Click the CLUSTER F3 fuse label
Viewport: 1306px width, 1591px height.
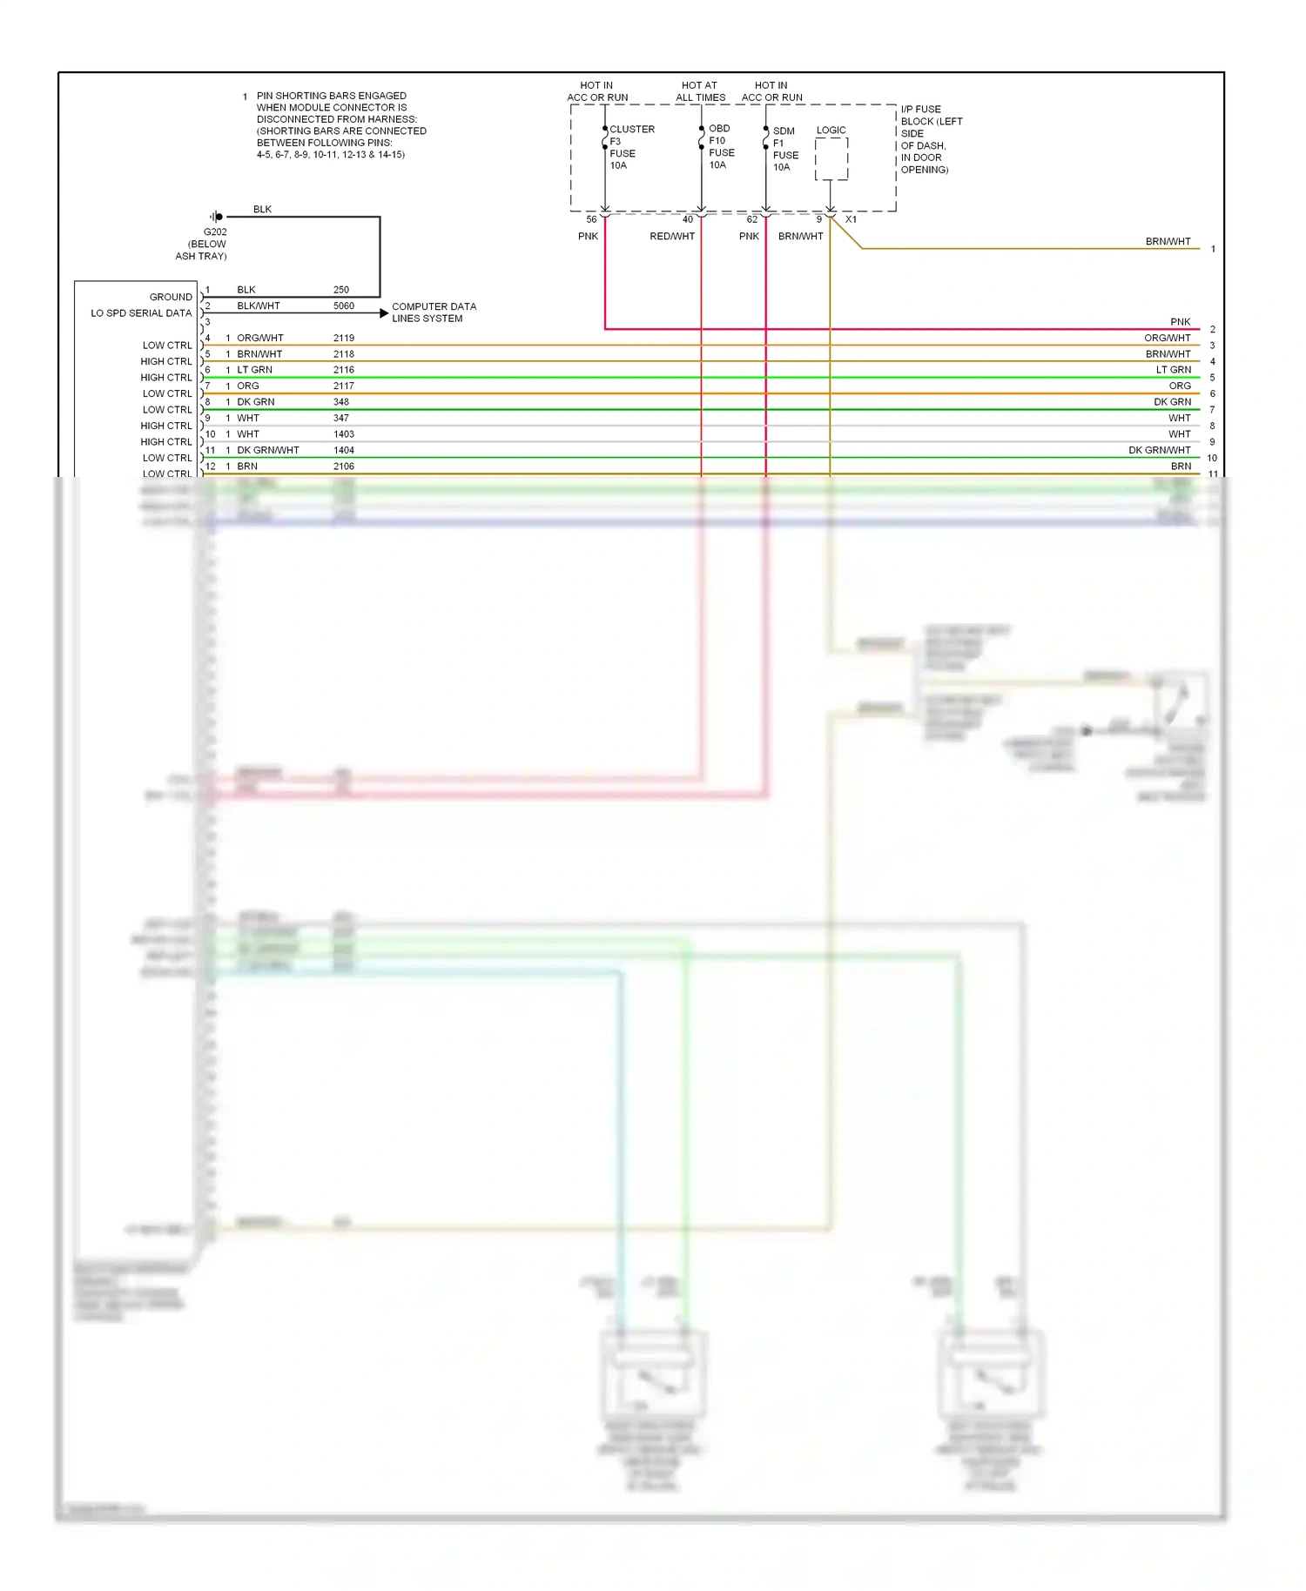coord(630,146)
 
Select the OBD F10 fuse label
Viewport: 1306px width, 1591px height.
coord(721,146)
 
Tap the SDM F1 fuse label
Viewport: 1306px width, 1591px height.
coord(784,149)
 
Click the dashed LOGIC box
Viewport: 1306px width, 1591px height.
coord(831,159)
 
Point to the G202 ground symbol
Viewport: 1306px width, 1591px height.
coord(217,217)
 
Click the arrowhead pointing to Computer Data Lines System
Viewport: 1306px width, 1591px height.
coord(384,312)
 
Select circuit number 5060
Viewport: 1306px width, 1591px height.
coord(344,306)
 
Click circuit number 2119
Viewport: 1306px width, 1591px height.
coord(344,339)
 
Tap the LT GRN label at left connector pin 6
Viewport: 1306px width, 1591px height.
coord(254,370)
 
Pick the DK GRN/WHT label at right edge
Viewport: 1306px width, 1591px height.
coord(1159,450)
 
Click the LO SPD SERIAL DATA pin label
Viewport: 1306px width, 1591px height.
coord(141,313)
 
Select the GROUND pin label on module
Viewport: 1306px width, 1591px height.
coord(171,297)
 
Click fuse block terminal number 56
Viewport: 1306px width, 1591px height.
coord(591,219)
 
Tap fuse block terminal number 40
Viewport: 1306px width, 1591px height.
coord(688,219)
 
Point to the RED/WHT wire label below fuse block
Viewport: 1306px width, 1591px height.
coord(672,237)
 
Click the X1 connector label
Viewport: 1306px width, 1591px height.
coord(851,219)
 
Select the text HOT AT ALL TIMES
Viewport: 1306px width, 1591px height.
coord(700,91)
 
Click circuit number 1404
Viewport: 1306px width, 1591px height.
coord(344,450)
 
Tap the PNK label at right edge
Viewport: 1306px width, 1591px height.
coord(1180,322)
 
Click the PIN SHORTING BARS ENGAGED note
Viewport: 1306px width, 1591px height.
coord(340,124)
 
